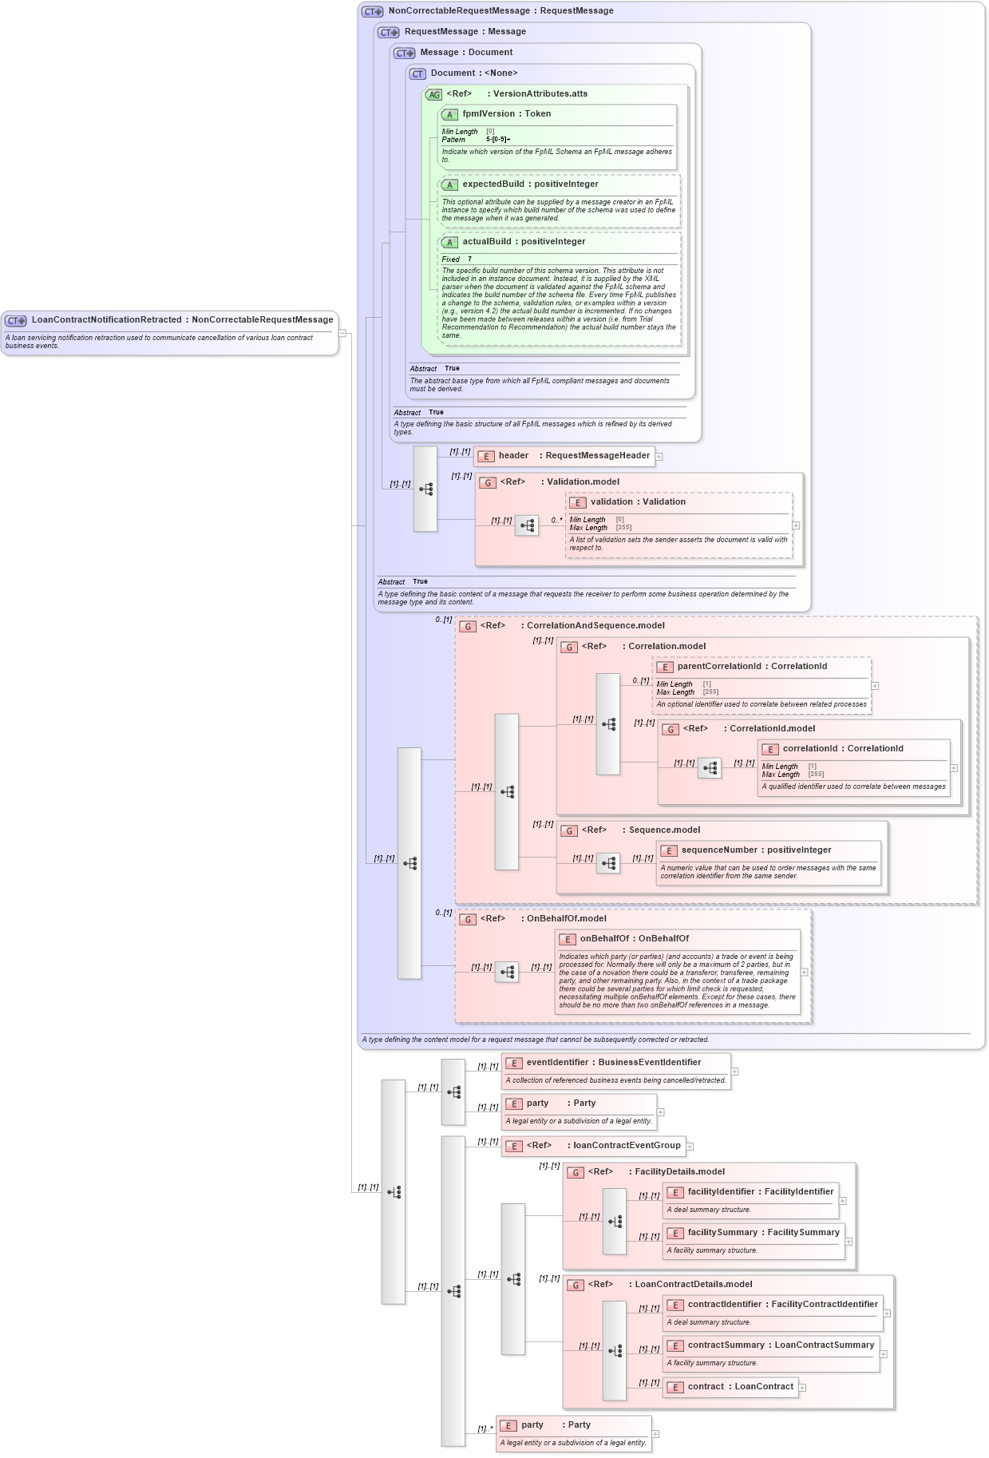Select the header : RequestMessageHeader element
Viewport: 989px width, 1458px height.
coord(574,456)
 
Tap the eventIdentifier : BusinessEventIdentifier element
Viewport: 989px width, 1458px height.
coord(613,1063)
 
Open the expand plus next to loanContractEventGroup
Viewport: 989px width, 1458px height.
coord(690,1147)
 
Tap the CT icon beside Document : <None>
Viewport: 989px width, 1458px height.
coord(417,73)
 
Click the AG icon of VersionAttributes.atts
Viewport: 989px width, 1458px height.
coord(433,94)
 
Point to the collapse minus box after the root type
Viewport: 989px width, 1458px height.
coord(342,333)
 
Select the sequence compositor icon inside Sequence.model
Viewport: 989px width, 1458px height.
coord(608,863)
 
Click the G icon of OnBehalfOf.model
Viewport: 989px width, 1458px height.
coord(468,919)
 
